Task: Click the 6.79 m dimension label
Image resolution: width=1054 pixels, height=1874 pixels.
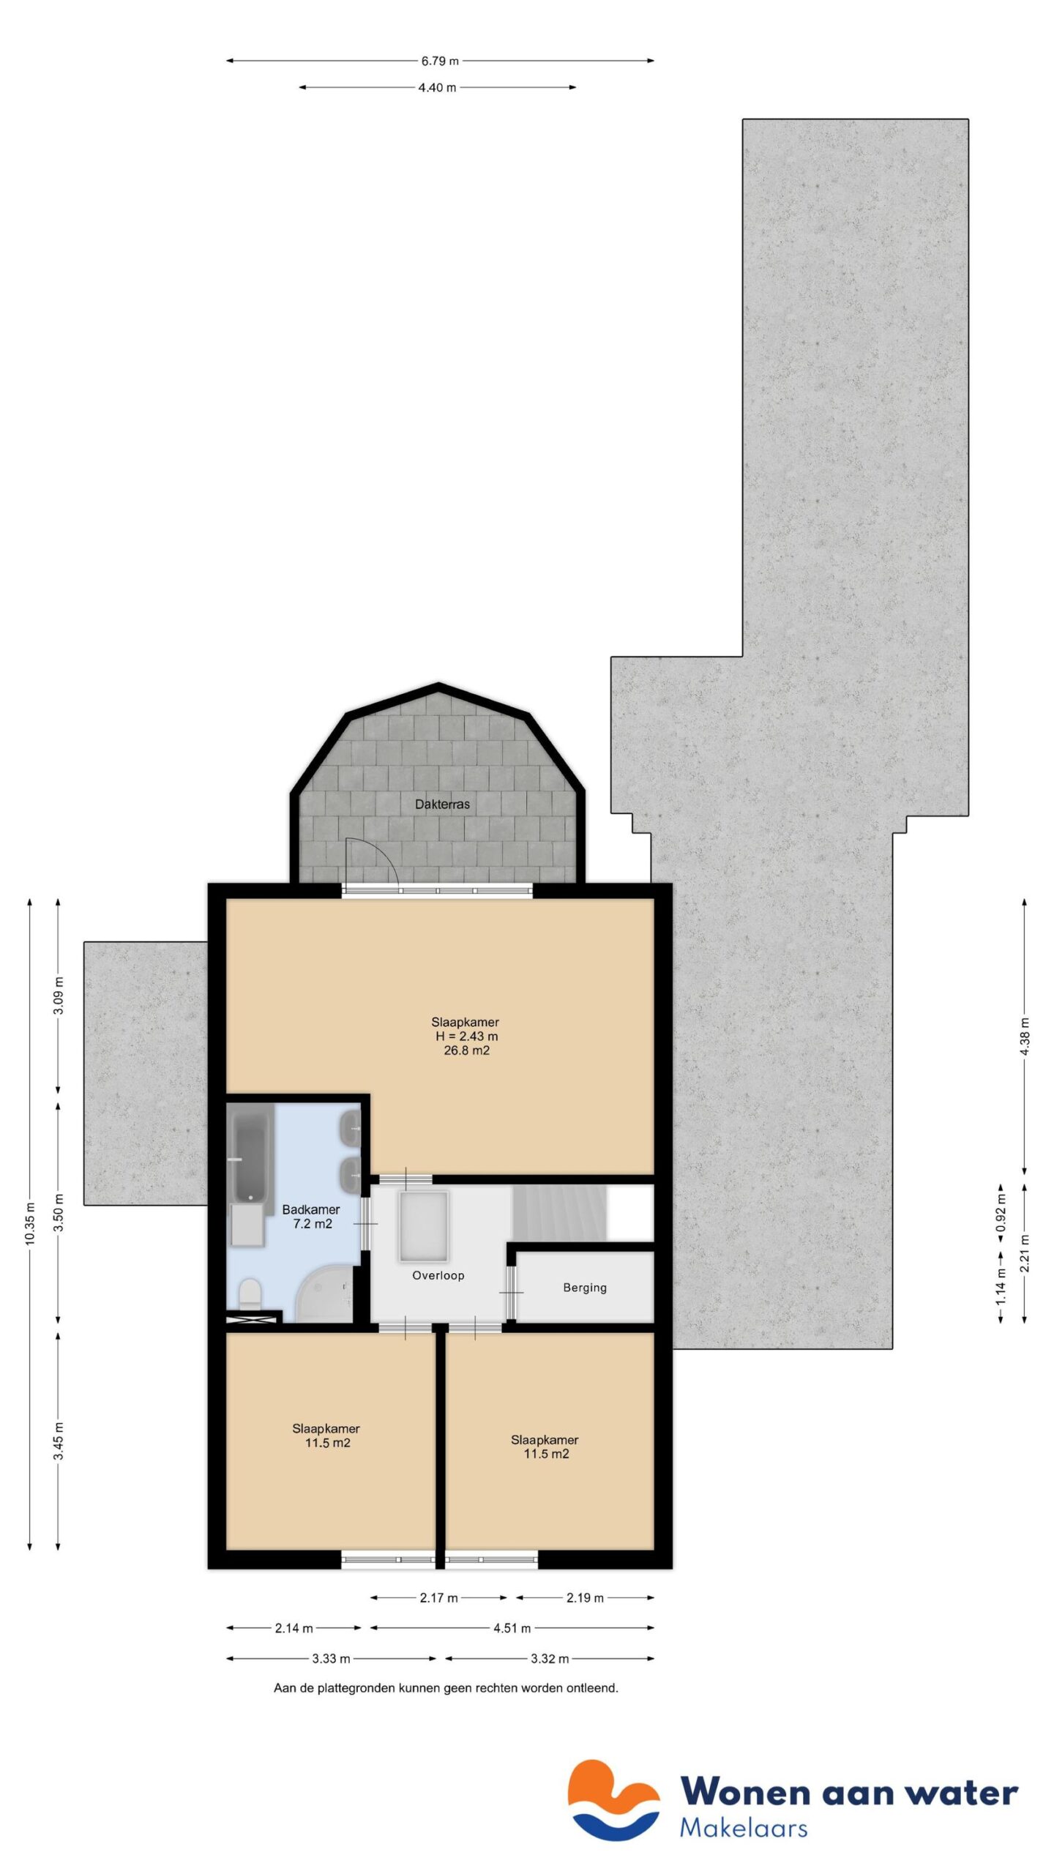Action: (439, 61)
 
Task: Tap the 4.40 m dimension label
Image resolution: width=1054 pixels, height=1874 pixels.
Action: (437, 88)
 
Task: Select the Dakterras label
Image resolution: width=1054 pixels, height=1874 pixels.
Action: (442, 804)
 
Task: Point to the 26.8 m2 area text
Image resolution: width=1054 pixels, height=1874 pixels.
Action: (466, 1050)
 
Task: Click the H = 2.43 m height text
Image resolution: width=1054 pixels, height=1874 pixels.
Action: (466, 1036)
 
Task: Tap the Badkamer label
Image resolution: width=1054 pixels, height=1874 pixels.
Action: (310, 1209)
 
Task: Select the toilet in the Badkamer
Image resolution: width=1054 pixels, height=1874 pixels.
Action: (250, 1293)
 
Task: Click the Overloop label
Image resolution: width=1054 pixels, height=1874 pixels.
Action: (438, 1275)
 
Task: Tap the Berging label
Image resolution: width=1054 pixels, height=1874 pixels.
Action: (584, 1287)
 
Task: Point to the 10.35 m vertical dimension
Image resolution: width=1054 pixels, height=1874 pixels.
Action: (30, 1222)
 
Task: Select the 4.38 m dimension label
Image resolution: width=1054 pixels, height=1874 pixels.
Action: (1024, 1037)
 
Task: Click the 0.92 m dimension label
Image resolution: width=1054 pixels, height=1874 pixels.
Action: (1001, 1212)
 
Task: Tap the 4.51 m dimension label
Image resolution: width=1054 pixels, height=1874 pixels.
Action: (512, 1628)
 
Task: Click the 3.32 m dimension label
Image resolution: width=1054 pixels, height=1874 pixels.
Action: (549, 1658)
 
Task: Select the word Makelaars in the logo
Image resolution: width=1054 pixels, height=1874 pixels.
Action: (743, 1828)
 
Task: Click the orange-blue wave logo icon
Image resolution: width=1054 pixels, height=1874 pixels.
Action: (613, 1800)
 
